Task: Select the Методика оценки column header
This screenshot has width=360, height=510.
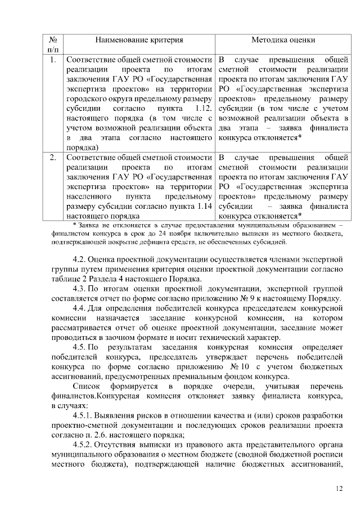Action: [282, 40]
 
